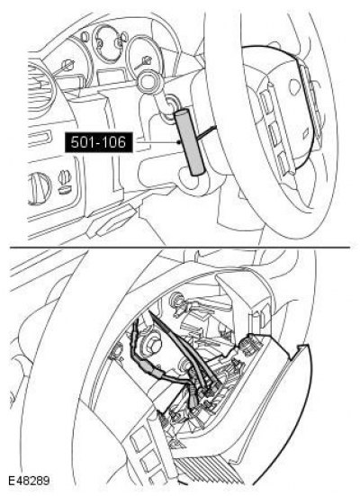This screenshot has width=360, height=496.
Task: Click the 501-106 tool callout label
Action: coord(98,142)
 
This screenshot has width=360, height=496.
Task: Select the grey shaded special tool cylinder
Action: coord(190,142)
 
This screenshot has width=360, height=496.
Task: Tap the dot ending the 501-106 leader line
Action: coord(179,142)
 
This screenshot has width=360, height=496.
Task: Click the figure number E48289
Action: coord(29,481)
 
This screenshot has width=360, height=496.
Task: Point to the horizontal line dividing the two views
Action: coord(180,247)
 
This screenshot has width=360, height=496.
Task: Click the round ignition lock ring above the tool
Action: coord(149,81)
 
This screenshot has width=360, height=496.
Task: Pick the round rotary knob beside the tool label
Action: coord(40,188)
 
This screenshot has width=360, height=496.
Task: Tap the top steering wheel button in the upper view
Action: coord(267,100)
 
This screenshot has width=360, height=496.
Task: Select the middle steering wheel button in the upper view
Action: coord(274,134)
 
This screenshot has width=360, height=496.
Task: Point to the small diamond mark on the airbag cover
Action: coord(306,134)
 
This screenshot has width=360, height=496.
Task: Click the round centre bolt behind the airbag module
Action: coord(153,344)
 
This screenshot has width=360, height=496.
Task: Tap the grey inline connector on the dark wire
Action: coord(155,373)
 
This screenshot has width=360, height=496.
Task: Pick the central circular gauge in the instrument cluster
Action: coord(108,43)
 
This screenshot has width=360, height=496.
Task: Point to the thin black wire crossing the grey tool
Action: coord(205,132)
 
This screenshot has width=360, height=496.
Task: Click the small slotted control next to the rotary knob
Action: coord(64,183)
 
